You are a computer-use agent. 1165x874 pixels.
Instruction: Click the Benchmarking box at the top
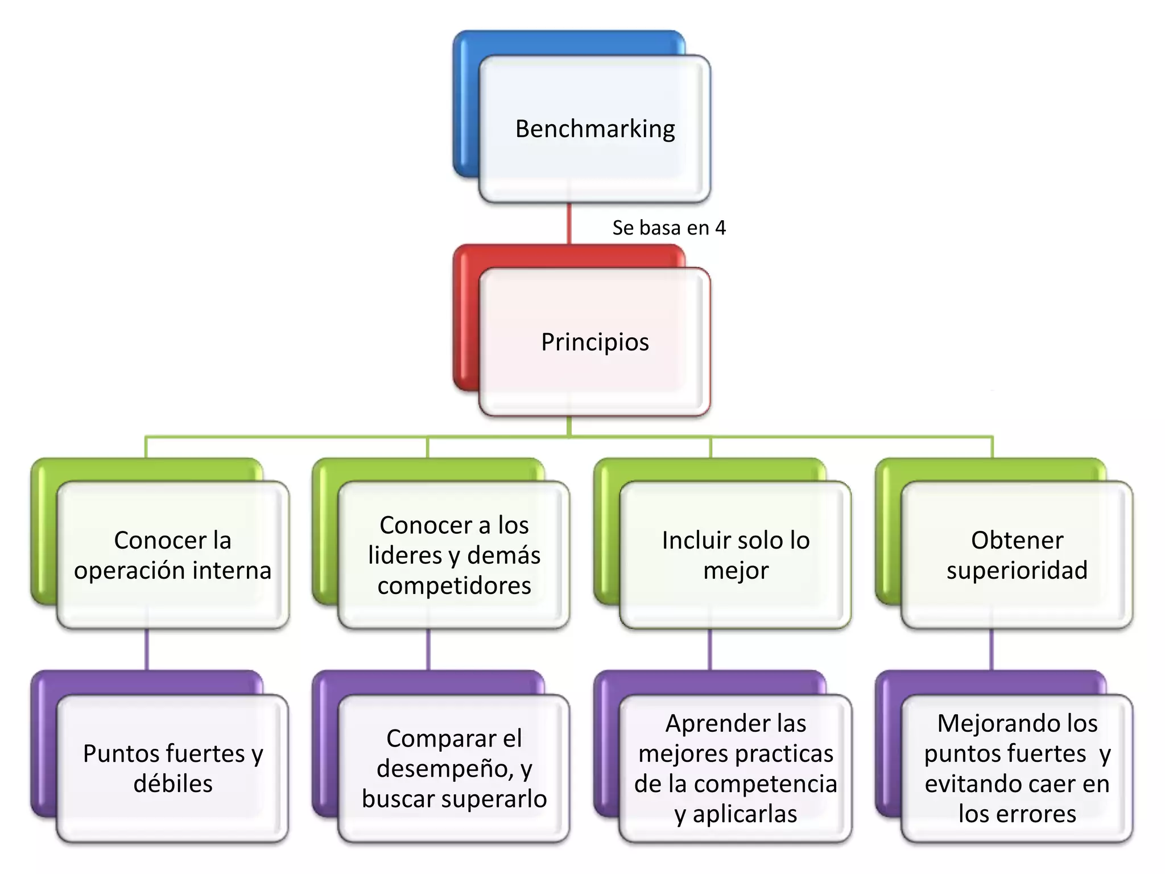pos(594,129)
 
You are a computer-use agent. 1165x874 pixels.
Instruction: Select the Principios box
pos(594,342)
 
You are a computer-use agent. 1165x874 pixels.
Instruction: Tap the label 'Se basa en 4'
pos(669,228)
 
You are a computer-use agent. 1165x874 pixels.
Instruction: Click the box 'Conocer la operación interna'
pos(173,555)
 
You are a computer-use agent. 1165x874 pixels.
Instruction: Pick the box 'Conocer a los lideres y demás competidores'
pos(454,555)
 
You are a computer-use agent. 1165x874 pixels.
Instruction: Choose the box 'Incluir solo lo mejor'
pos(736,555)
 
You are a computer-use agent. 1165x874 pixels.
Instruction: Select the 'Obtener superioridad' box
pos(1017,555)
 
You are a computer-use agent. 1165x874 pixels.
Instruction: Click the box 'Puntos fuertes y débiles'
pos(173,768)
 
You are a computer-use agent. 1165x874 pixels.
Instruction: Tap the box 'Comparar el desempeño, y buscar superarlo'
pos(454,768)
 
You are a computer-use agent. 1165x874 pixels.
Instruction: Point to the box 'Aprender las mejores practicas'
pos(736,768)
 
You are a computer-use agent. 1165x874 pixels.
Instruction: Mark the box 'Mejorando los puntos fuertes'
pos(1017,768)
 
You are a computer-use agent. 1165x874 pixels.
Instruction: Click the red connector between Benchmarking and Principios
pos(569,224)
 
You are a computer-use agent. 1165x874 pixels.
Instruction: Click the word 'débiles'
pos(173,784)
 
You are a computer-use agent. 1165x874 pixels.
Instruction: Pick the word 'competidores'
pos(454,586)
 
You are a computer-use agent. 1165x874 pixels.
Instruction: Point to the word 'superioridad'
pos(1017,570)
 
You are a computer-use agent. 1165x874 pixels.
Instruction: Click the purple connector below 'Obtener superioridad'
pos(992,649)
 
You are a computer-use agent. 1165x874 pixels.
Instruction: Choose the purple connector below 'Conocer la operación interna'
pos(147,649)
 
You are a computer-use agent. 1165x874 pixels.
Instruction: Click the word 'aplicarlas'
pos(745,814)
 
